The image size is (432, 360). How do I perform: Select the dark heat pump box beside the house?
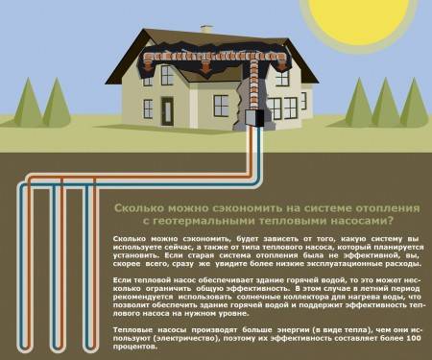pos(255,118)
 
